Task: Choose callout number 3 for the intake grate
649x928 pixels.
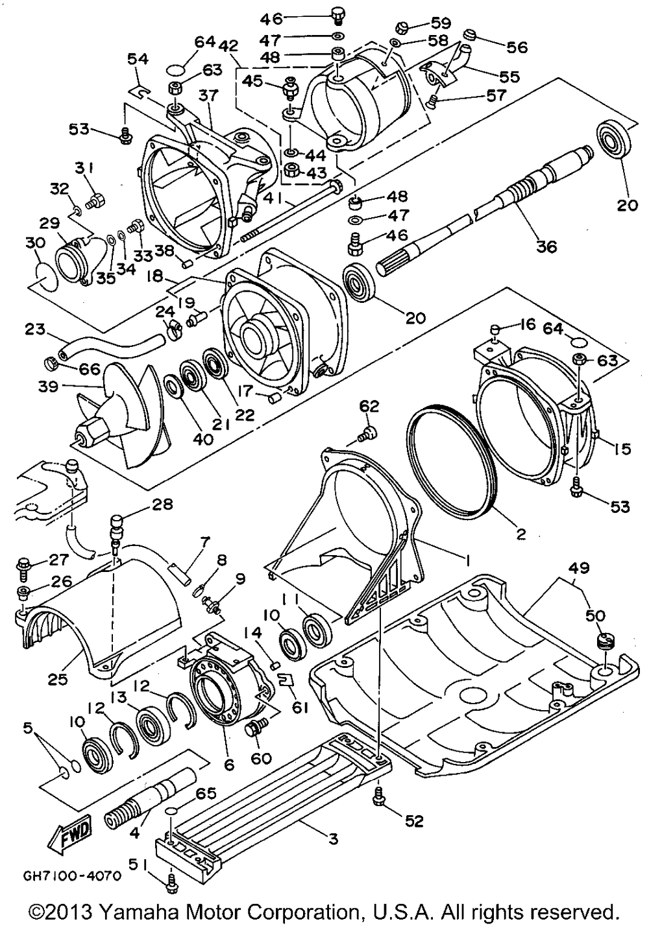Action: pos(332,840)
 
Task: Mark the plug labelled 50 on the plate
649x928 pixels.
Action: pos(606,642)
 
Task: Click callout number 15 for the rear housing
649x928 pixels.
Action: pos(621,448)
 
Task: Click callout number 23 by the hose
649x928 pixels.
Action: pos(36,329)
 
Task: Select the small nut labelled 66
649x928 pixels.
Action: pos(52,359)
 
